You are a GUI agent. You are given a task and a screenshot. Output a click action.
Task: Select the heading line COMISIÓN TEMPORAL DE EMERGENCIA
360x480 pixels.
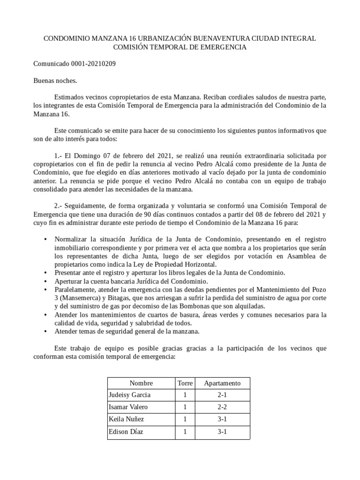coord(180,47)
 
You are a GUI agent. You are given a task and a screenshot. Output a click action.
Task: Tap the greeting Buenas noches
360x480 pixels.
coord(55,80)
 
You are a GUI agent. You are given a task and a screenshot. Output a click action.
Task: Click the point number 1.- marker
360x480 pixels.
coord(60,155)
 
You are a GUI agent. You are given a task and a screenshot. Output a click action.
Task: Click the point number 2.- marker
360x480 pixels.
coord(60,206)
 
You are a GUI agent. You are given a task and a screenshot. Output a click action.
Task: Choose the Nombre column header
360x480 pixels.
coord(141,383)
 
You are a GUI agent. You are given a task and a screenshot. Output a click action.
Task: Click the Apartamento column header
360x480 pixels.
coord(222,383)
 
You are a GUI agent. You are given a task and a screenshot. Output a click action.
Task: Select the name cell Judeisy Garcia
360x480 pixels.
coord(130,395)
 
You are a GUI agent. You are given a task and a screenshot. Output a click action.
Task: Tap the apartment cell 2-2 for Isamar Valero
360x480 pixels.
coord(222,407)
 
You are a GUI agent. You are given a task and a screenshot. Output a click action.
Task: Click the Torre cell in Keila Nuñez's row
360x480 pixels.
coord(185,420)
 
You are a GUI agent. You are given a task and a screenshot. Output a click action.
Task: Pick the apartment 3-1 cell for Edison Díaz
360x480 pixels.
coord(222,432)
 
